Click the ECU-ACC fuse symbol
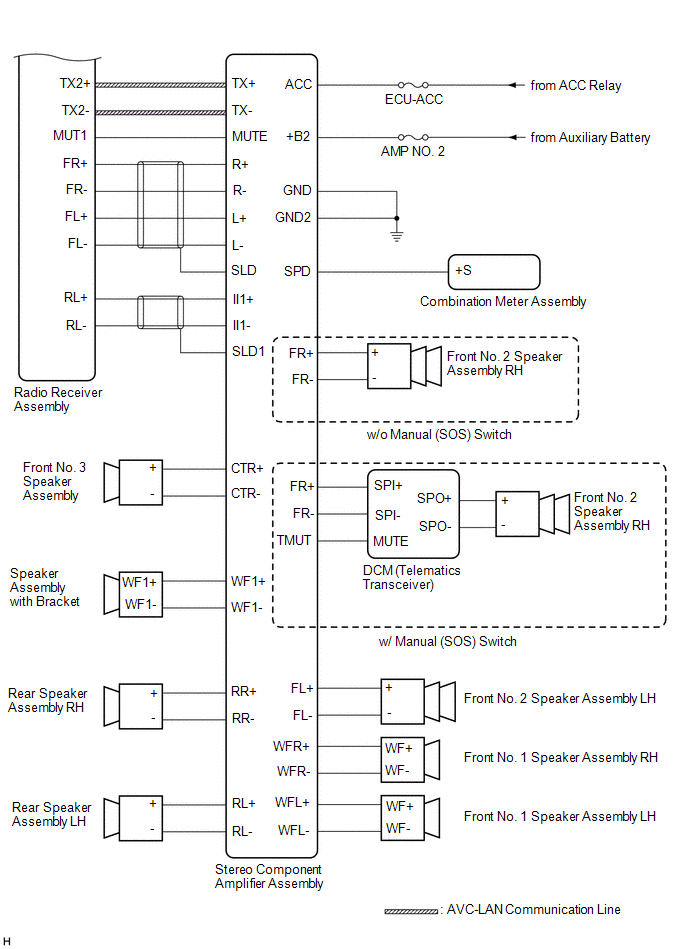[413, 85]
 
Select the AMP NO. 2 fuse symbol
[413, 137]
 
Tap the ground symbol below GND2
[397, 234]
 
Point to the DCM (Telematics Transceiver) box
[413, 514]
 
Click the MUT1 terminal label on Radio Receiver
[70, 136]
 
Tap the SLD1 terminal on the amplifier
[248, 351]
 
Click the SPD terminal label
[297, 271]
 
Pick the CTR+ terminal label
[248, 468]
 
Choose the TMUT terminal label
[295, 540]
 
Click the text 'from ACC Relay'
[575, 86]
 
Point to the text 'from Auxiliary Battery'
[590, 138]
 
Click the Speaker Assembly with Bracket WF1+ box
[139, 581]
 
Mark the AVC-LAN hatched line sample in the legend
[410, 911]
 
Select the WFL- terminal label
[293, 830]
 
